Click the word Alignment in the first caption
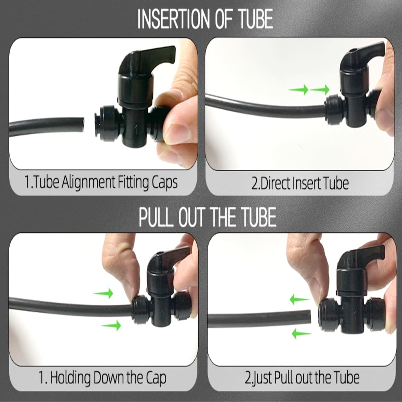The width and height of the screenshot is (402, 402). (x=88, y=182)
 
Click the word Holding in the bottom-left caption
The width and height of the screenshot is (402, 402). (x=70, y=378)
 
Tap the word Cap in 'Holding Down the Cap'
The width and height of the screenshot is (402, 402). (x=156, y=378)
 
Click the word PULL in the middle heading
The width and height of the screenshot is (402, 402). (x=156, y=217)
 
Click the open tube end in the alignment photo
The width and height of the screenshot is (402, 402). (x=82, y=125)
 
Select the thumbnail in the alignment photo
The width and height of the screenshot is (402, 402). (x=177, y=133)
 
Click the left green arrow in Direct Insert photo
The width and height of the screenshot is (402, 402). (x=298, y=90)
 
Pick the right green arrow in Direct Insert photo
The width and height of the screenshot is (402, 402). (x=320, y=90)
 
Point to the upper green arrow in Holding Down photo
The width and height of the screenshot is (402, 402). (x=103, y=293)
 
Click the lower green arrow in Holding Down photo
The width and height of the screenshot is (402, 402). (x=111, y=325)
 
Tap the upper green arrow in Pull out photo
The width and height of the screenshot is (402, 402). (x=299, y=299)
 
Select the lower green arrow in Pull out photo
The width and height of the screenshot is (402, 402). (x=301, y=334)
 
